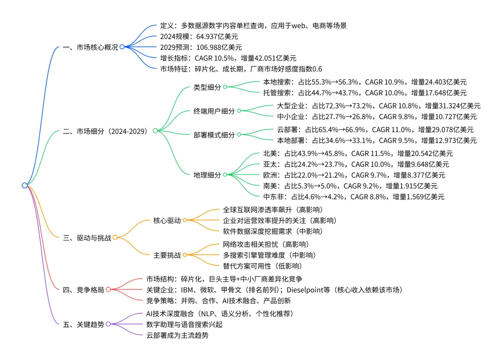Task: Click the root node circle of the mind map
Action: pyautogui.click(x=25, y=185)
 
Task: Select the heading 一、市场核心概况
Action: pyautogui.click(x=90, y=47)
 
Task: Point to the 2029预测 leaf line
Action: pyautogui.click(x=201, y=47)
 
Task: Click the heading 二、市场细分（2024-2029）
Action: pyautogui.click(x=105, y=131)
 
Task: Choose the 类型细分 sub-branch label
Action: pyautogui.click(x=207, y=87)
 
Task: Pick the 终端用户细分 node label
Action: pyautogui.click(x=214, y=111)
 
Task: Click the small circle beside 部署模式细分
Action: pyautogui.click(x=239, y=135)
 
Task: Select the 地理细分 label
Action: pyautogui.click(x=207, y=175)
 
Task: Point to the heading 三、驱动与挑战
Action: pyautogui.click(x=87, y=238)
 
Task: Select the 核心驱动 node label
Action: pyautogui.click(x=167, y=220)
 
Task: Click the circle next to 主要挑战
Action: pyautogui.click(x=185, y=255)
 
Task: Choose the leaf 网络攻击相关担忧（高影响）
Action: pyautogui.click(x=266, y=244)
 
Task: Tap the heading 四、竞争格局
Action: pyautogui.click(x=83, y=290)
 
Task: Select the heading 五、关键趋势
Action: pyautogui.click(x=83, y=324)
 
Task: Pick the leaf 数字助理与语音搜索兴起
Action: pyautogui.click(x=184, y=324)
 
